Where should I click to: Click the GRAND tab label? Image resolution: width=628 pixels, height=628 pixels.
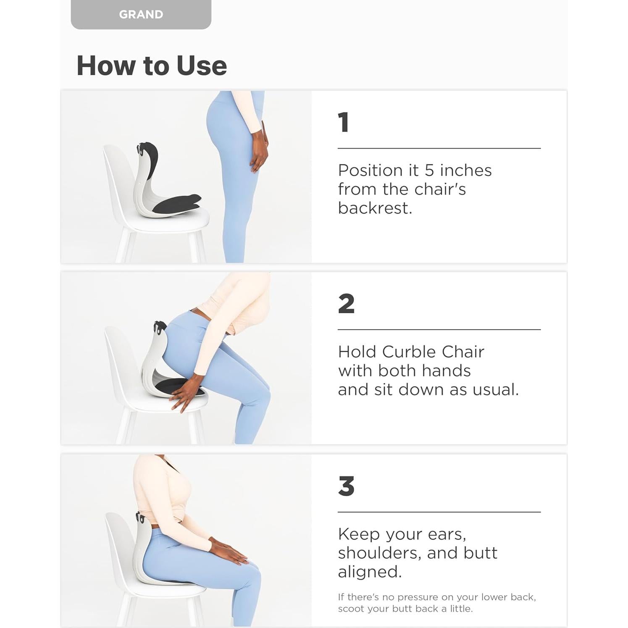tap(141, 14)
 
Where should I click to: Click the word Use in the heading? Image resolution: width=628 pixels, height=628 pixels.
tap(202, 66)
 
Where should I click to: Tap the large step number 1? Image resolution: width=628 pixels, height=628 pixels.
tap(344, 122)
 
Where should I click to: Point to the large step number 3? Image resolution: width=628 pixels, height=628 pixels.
tap(346, 486)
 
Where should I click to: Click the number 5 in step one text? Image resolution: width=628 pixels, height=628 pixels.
tap(429, 170)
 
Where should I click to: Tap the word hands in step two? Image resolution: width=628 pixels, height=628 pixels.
tap(446, 370)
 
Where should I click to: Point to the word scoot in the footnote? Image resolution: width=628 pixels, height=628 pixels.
tap(350, 609)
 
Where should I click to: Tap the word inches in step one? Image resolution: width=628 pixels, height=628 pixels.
tap(465, 170)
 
